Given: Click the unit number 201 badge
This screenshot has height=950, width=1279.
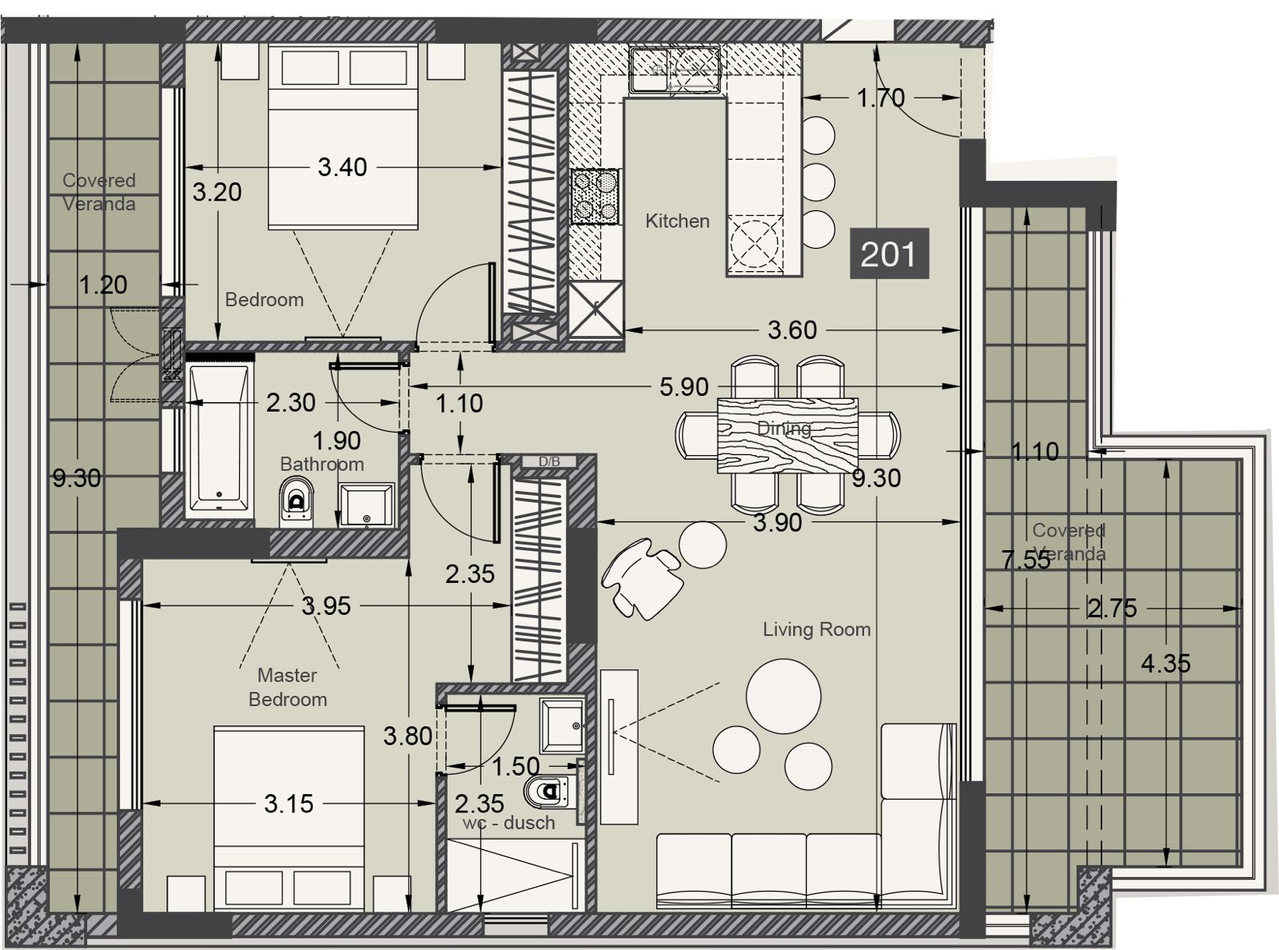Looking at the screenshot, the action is pos(889,253).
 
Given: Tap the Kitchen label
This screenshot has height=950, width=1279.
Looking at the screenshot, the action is pos(677,221).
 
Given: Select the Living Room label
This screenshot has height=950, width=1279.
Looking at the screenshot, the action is pos(816,629).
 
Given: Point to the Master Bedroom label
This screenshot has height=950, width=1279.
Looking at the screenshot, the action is pos(288,687).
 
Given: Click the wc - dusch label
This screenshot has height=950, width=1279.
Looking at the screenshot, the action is pos(508,823).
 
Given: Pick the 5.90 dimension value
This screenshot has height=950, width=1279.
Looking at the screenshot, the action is pos(684,387).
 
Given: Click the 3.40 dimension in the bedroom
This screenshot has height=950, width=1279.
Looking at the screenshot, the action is pos(342,167).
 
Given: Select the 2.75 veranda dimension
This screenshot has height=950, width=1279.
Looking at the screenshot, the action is pos(1112,609).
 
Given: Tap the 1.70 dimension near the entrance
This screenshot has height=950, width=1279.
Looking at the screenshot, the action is pos(881,98).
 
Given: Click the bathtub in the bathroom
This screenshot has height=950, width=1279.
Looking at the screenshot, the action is pos(219,437).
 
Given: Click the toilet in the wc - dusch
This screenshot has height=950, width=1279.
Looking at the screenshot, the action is pos(549,792).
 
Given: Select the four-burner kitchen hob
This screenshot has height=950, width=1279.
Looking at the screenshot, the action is pos(595,196).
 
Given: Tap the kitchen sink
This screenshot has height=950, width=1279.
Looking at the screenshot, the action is pos(675,70).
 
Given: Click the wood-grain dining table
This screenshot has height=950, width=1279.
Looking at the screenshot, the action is pos(787,435).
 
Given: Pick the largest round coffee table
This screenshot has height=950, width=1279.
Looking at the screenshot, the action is pos(783,697).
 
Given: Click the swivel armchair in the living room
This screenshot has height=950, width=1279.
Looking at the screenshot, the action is pos(641,578).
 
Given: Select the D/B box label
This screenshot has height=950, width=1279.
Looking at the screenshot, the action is pos(549,461).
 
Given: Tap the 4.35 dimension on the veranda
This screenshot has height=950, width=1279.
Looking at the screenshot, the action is pos(1165,664).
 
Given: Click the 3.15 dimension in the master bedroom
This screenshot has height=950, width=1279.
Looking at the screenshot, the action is pos(289,804).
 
